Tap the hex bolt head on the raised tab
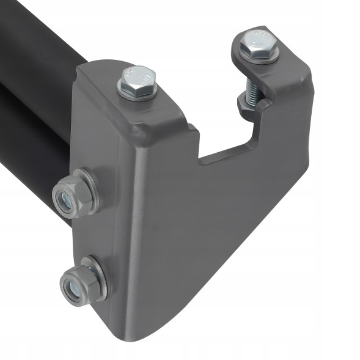pyautogui.click(x=258, y=43)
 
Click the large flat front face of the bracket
pyautogui.click(x=202, y=232)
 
